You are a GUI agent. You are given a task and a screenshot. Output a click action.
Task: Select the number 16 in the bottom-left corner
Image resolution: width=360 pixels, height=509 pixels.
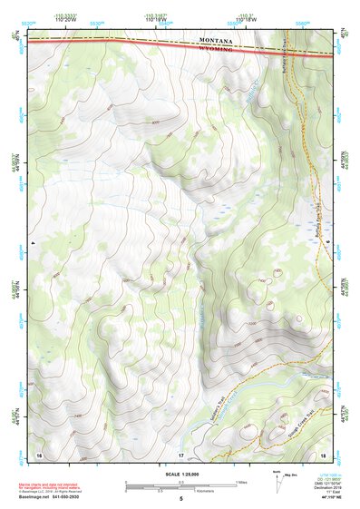(x=39, y=453)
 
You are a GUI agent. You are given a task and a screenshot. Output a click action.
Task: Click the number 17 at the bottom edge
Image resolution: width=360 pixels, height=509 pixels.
(x=181, y=453)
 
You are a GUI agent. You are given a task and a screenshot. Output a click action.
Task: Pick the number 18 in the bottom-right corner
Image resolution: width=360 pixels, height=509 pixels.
(x=324, y=453)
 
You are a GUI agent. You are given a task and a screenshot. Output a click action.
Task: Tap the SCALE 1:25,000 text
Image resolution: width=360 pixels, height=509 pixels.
(x=180, y=474)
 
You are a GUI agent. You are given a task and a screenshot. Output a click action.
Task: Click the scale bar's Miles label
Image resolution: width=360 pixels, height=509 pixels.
(x=241, y=481)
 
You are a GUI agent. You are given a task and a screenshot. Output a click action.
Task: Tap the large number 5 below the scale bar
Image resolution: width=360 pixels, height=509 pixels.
(x=181, y=499)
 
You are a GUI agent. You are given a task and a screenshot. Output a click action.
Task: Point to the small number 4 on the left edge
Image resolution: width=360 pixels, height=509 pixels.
(x=33, y=243)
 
